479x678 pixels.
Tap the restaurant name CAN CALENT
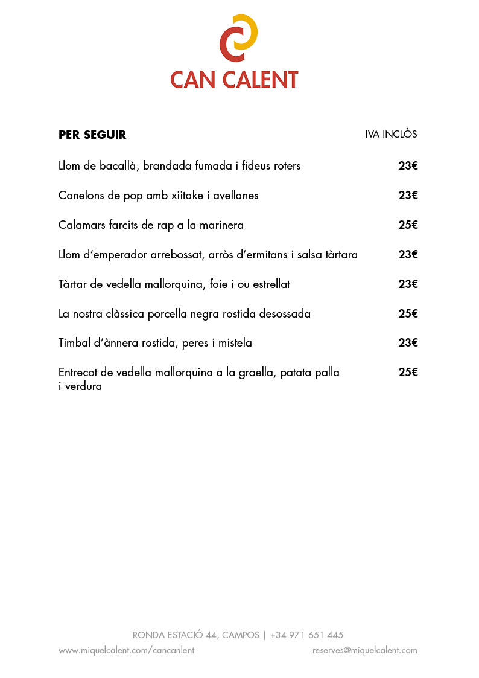point(234,80)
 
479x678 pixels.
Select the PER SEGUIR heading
point(92,135)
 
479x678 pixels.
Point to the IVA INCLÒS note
point(391,134)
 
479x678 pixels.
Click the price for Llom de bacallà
point(408,165)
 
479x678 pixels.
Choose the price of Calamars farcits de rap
point(408,225)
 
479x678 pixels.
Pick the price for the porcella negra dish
point(408,313)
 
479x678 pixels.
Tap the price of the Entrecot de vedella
point(408,372)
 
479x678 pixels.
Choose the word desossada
point(285,314)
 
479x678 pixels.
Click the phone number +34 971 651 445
point(306,635)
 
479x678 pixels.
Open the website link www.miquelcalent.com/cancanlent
point(126,650)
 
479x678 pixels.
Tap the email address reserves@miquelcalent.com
point(364,650)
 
